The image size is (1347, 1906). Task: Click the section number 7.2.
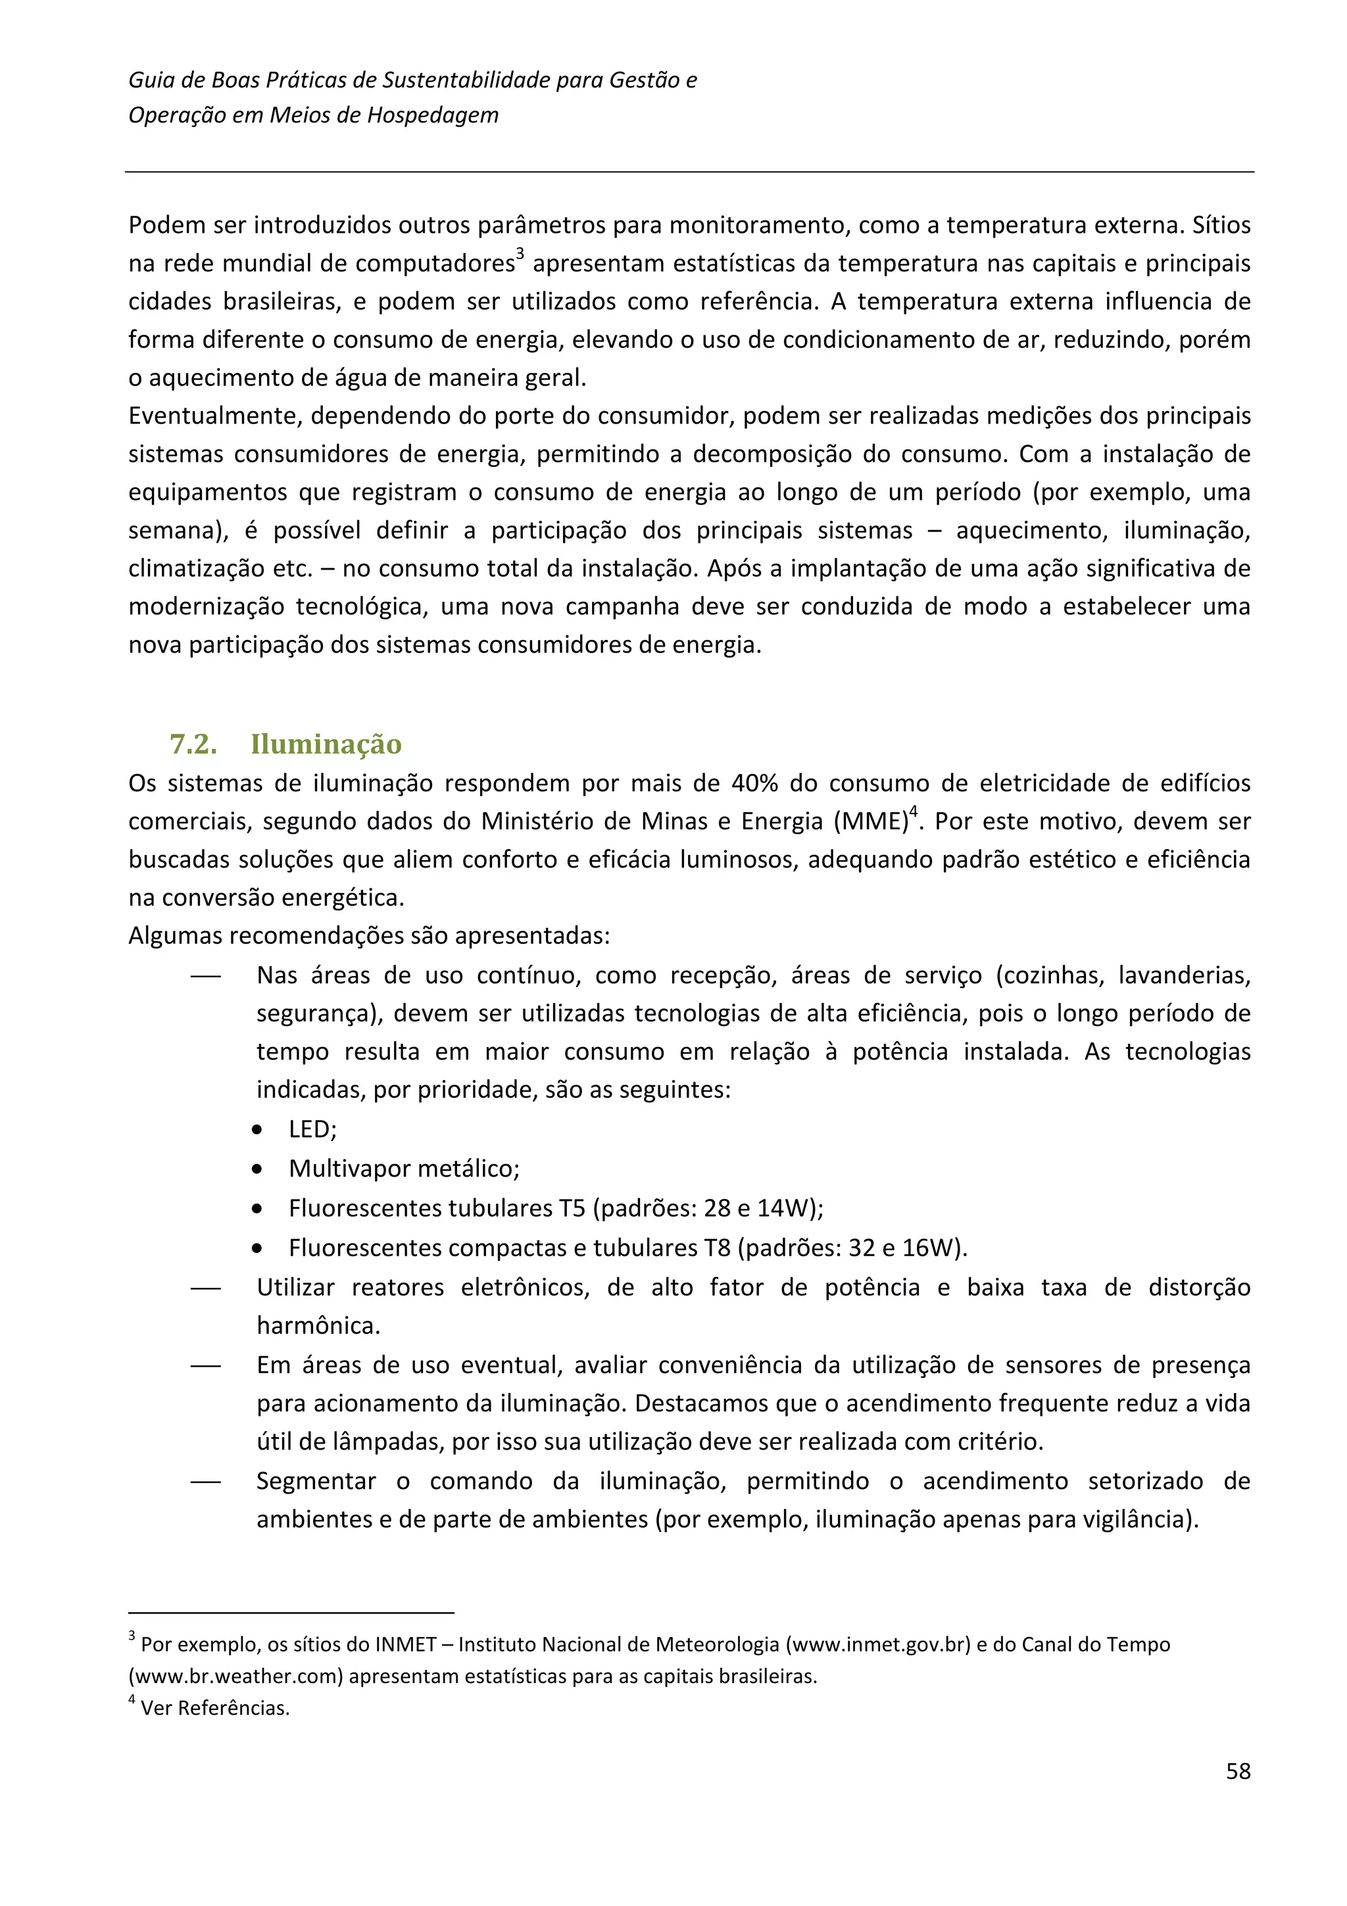point(193,744)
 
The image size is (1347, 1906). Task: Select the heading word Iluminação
point(326,744)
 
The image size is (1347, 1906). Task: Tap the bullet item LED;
point(312,1129)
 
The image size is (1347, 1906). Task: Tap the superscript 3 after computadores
point(520,253)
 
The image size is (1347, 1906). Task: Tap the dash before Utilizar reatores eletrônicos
point(206,1288)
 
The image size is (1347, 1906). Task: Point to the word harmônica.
point(318,1326)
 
